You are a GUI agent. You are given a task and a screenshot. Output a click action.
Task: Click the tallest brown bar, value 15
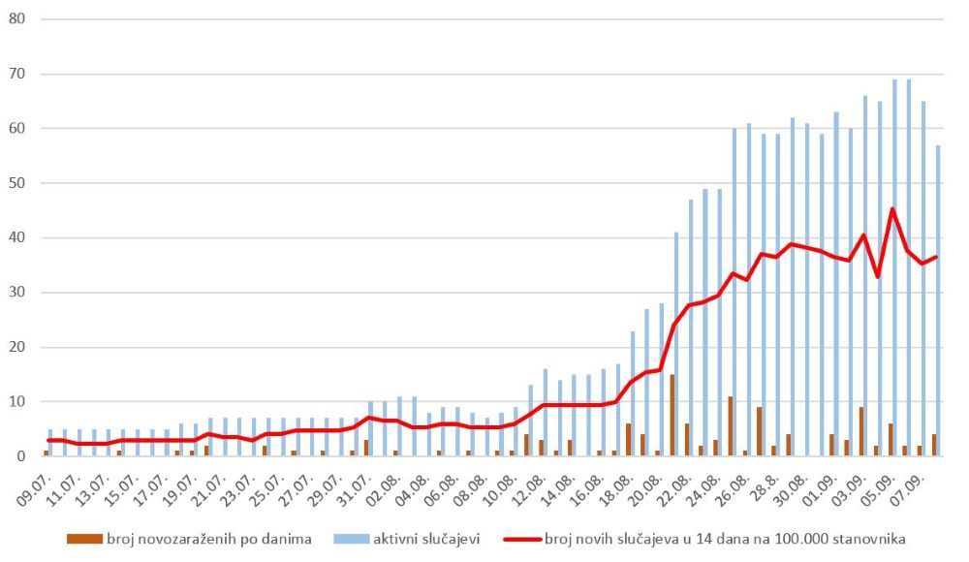[x=672, y=415]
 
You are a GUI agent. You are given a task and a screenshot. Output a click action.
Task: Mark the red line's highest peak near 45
[x=892, y=208]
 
